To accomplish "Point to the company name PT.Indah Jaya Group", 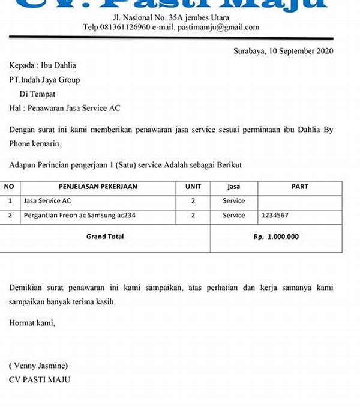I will tap(44, 80).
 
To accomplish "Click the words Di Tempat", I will tap(37, 94).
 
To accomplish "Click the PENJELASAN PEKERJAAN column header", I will tap(98, 187).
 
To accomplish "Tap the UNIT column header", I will tap(193, 187).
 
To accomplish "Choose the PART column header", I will tap(299, 187).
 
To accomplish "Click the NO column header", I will tap(9, 187).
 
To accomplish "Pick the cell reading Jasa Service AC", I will tap(47, 201).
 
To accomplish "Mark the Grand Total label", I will tap(105, 237).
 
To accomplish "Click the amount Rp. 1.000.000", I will tap(276, 237).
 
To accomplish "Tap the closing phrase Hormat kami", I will tap(32, 323).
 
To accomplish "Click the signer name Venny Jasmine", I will tap(38, 366).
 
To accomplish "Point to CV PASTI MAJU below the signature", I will tap(40, 380).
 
